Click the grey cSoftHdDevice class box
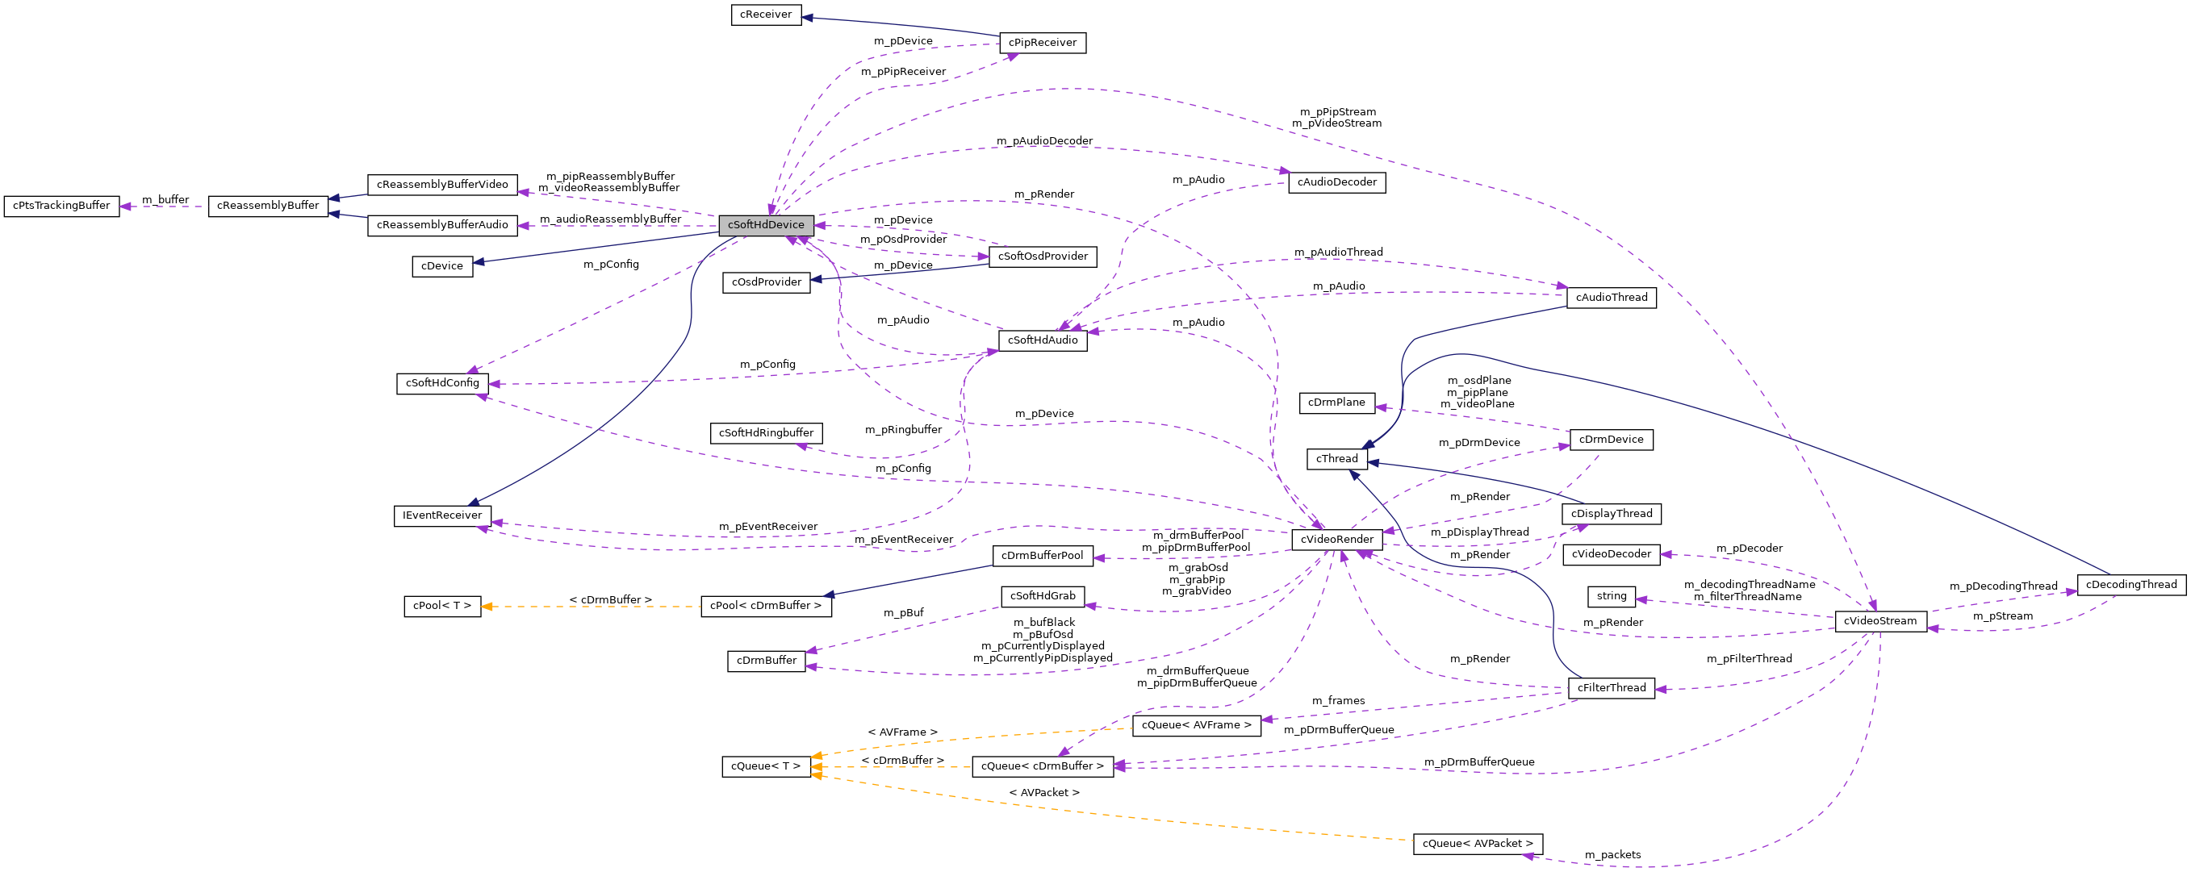[766, 225]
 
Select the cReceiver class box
[766, 15]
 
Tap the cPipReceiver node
[1042, 43]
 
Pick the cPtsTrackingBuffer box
[61, 206]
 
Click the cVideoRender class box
[1336, 540]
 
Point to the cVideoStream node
[1879, 621]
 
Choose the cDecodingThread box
[2130, 585]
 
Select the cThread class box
[1336, 459]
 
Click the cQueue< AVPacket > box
[1478, 844]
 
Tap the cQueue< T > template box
[766, 766]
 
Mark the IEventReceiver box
[442, 516]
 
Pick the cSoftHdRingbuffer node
[766, 433]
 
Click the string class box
[1611, 597]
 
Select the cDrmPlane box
[1336, 403]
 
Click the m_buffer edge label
[165, 200]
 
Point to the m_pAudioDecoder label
[1043, 141]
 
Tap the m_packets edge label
[1612, 855]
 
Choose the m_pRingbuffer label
[902, 430]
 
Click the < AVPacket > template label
[1043, 793]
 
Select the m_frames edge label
[1338, 701]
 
